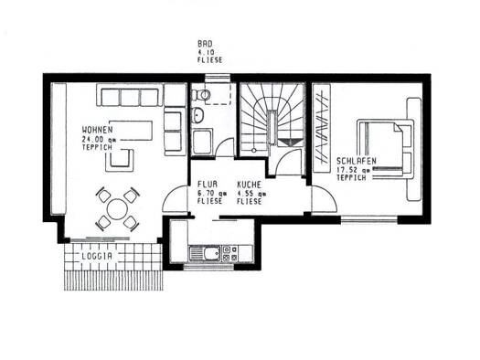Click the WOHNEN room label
(x=97, y=130)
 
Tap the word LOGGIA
(x=97, y=257)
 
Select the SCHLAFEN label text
(x=357, y=161)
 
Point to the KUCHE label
(x=250, y=185)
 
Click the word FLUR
(x=208, y=185)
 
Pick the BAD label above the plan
(x=205, y=44)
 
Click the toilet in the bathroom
(x=201, y=95)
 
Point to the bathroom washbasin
(x=198, y=115)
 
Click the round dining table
(x=118, y=209)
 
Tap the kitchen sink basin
(x=212, y=254)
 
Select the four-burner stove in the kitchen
(x=229, y=253)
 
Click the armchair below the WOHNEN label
(x=120, y=160)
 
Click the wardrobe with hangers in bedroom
(x=322, y=129)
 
